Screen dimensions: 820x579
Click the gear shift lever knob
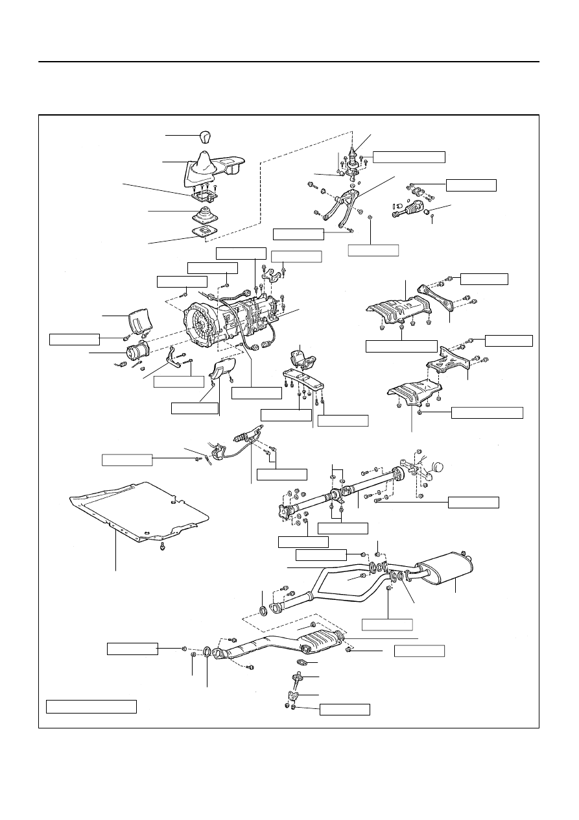pyautogui.click(x=206, y=137)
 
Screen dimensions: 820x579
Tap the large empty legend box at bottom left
pyautogui.click(x=91, y=706)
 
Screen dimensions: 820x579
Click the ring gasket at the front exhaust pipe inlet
pyautogui.click(x=207, y=652)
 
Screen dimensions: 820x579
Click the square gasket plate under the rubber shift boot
pyautogui.click(x=205, y=234)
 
